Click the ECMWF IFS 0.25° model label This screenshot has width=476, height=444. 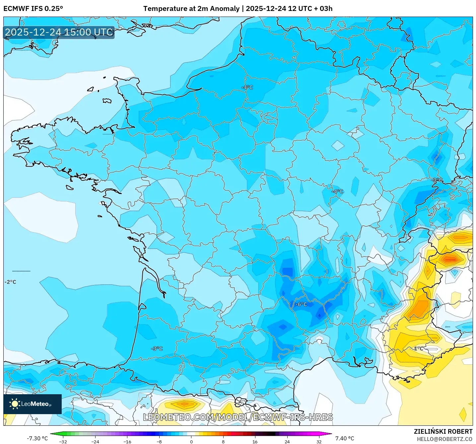[x=33, y=9]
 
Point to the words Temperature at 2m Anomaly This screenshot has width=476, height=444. [x=191, y=9]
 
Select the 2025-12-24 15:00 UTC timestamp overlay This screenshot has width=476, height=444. [x=59, y=32]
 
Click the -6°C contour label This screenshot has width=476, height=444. [x=301, y=304]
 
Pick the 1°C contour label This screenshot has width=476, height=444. [x=419, y=348]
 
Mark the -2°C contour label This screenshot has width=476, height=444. [x=10, y=282]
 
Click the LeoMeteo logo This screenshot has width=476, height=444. [x=33, y=404]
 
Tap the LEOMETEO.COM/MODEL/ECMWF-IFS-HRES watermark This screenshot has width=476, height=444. [x=238, y=417]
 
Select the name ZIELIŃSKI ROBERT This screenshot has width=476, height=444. [x=443, y=431]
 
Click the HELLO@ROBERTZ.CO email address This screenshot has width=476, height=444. [x=444, y=439]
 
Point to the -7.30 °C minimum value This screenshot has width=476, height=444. [x=37, y=438]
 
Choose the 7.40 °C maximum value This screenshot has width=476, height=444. [x=345, y=438]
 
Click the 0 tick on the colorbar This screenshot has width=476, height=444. [x=191, y=441]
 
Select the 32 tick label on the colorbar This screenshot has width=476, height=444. [x=319, y=441]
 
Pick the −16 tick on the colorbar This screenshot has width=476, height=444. [x=127, y=441]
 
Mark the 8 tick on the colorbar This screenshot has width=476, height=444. [x=223, y=441]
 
